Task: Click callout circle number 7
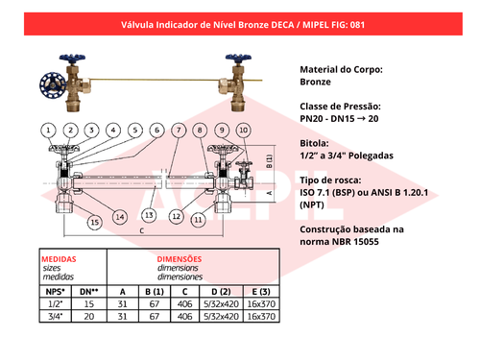(179, 131)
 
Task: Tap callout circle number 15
(95, 223)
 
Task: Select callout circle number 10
(244, 131)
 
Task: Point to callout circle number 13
(149, 215)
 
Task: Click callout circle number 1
(48, 131)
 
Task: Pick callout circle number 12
(177, 217)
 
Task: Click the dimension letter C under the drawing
(142, 230)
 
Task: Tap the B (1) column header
(155, 292)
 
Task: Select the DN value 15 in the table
(89, 304)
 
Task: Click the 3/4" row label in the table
(56, 317)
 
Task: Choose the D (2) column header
(221, 292)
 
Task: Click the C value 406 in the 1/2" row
(185, 304)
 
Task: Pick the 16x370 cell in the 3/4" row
(261, 317)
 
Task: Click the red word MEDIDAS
(59, 259)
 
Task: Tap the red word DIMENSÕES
(180, 259)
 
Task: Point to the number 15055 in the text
(366, 242)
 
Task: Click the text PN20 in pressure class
(311, 119)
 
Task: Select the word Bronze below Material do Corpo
(315, 82)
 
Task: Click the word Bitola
(314, 143)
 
